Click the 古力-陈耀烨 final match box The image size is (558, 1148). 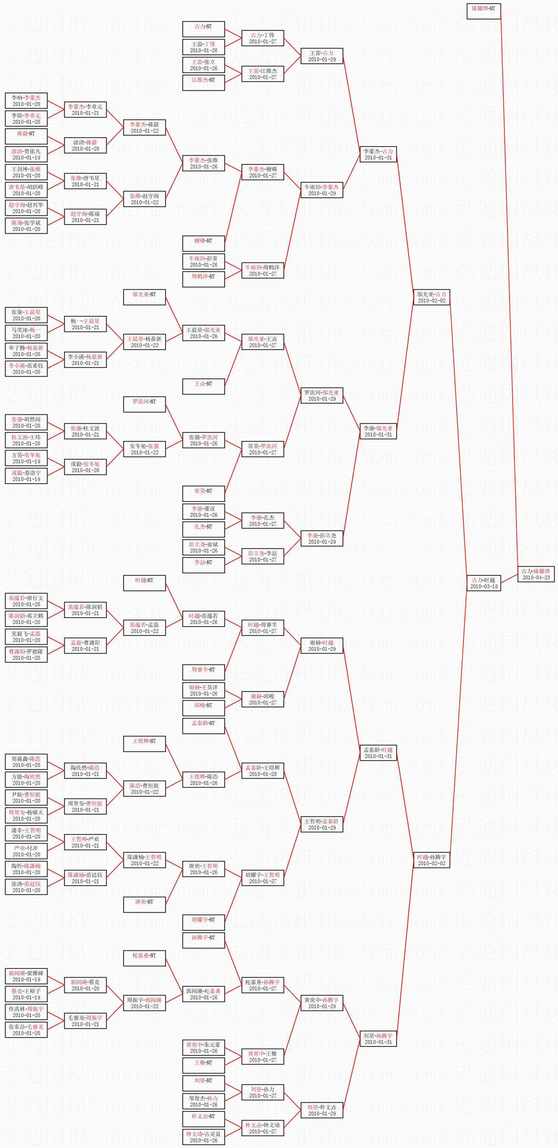coord(536,574)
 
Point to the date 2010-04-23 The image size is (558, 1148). coord(536,578)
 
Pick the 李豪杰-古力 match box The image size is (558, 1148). coord(378,154)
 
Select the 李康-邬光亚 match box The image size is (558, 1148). coord(378,431)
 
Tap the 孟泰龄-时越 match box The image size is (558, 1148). coord(378,753)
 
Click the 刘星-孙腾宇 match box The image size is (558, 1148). coord(378,1038)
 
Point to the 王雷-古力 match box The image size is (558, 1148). coord(321,56)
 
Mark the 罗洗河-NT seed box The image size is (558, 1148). coord(144,404)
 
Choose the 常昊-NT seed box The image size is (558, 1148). coord(204,493)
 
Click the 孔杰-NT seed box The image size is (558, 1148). coord(204,529)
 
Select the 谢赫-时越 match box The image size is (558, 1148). coord(321,645)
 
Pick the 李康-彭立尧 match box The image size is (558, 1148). coord(321,538)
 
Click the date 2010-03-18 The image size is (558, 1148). coord(483,587)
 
